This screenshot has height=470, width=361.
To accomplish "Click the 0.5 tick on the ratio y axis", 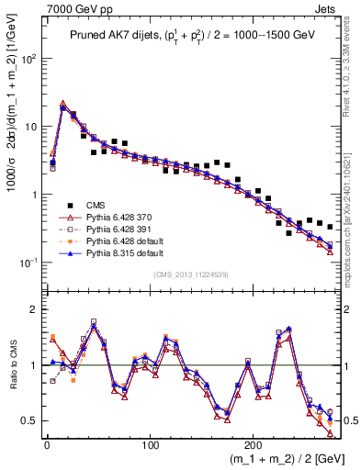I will tap(31, 420).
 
